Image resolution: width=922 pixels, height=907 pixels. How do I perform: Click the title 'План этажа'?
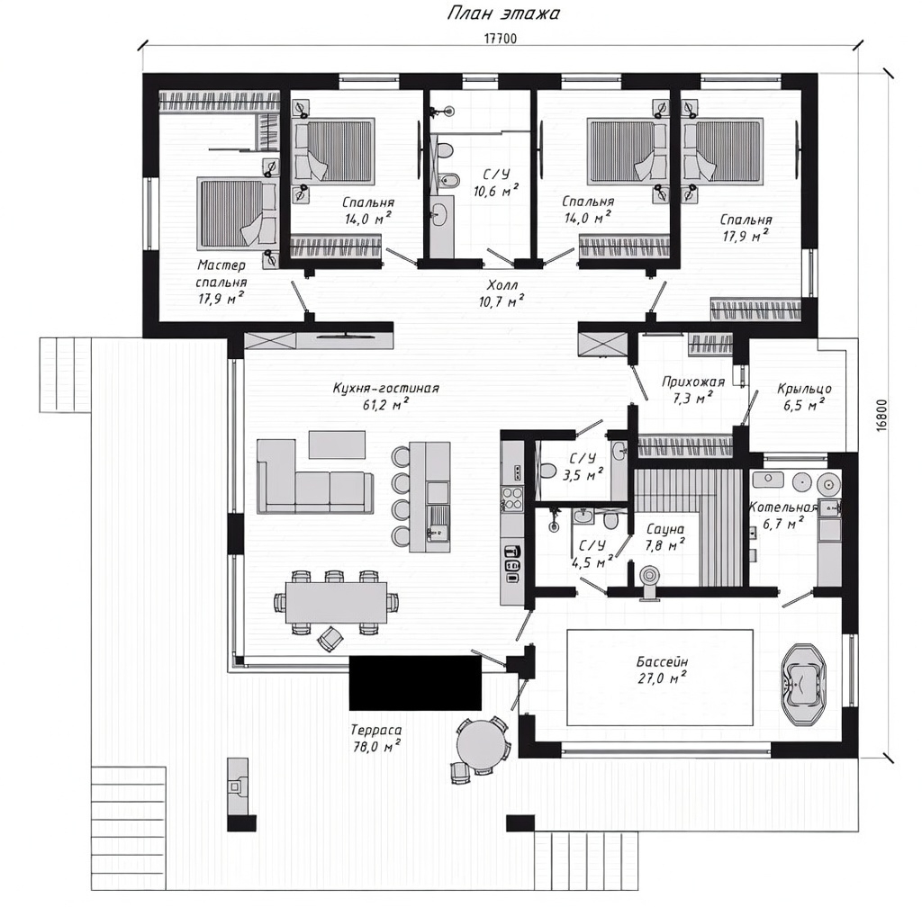(x=503, y=13)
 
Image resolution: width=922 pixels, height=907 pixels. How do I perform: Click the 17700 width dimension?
(x=501, y=39)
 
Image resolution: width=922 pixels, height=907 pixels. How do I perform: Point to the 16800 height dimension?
(x=881, y=416)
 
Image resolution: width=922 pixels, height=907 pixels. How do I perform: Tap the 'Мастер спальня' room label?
(x=221, y=274)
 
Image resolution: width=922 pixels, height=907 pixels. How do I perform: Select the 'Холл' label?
(x=502, y=285)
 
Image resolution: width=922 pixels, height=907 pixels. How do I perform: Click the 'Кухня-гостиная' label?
(x=385, y=389)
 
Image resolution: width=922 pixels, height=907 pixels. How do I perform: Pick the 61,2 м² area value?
(x=385, y=404)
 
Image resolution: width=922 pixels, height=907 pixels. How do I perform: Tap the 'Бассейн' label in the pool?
(x=662, y=662)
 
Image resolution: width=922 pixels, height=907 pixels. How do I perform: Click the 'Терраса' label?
(x=376, y=730)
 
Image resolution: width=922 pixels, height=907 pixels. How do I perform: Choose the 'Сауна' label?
(x=665, y=530)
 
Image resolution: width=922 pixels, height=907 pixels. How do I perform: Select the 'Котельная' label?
(x=783, y=507)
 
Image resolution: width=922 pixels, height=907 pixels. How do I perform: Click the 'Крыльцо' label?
(x=804, y=389)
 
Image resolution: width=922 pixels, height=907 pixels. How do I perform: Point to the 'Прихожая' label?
(x=693, y=382)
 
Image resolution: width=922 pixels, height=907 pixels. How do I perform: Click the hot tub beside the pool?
(x=802, y=685)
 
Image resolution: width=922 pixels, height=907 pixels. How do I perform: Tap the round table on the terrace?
(x=482, y=744)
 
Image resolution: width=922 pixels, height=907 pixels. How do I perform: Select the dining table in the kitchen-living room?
(x=337, y=602)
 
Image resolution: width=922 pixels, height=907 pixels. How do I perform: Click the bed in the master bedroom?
(x=238, y=212)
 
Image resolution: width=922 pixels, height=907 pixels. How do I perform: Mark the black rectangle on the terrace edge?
(x=415, y=683)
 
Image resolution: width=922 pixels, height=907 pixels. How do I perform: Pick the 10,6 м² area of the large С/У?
(x=496, y=191)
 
